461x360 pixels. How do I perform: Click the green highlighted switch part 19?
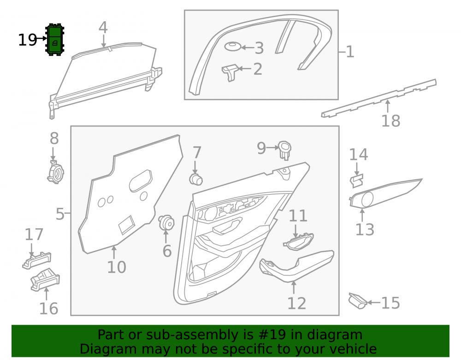[x=55, y=39]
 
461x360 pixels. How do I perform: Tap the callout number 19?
[x=27, y=40]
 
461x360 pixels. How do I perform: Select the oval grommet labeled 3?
[x=232, y=47]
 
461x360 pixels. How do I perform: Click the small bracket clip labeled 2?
[x=230, y=72]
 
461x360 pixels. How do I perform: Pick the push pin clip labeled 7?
[x=195, y=179]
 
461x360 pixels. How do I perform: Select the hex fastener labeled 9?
[x=284, y=150]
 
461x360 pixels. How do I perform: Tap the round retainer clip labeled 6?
[x=166, y=223]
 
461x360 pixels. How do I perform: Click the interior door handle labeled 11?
[x=298, y=242]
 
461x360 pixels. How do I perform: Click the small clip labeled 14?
[x=356, y=181]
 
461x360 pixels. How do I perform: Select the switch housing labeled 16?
[x=45, y=280]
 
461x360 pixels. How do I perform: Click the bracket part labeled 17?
[x=37, y=260]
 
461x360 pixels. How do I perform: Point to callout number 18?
[x=391, y=121]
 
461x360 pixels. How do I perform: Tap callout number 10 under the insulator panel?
[x=117, y=267]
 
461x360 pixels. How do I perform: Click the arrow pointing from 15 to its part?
[x=374, y=302]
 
